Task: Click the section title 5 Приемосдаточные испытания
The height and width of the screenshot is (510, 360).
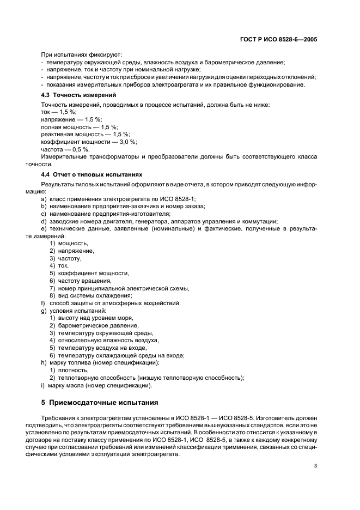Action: coord(100,403)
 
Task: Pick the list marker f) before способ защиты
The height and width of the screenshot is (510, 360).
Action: coord(43,303)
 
